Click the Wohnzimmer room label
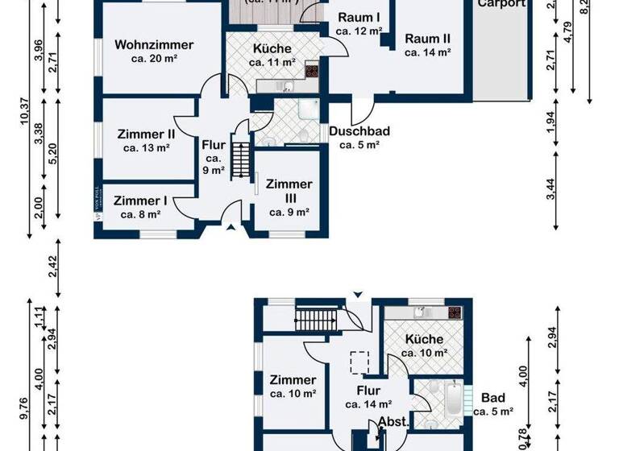154,44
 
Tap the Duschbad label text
359,131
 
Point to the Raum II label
427,39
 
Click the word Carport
501,4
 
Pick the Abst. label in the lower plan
393,421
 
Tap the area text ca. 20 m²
154,59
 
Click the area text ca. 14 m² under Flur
369,405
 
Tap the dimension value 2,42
53,267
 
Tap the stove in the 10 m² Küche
454,312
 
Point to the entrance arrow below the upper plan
233,229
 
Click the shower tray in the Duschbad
308,110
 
